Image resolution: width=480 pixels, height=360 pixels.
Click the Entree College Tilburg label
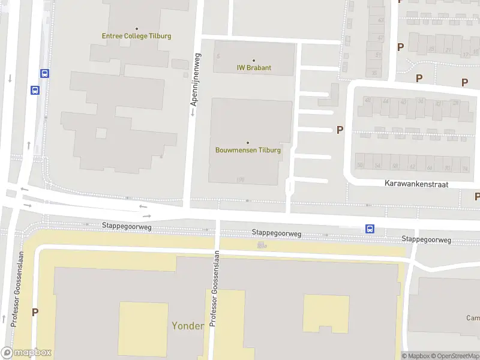coord(137,36)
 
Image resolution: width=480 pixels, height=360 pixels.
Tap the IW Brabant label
coord(254,68)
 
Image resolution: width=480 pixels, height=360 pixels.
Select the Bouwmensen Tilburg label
coord(248,150)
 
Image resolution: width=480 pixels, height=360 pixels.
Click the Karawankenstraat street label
coord(417,184)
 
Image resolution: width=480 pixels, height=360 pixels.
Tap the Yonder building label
coord(188,326)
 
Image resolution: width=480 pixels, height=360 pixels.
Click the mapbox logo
coord(26,353)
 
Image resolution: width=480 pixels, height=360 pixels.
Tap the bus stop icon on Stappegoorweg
coord(370,229)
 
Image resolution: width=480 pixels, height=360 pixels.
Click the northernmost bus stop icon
coord(44,73)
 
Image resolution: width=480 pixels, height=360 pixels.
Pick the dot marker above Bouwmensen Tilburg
coord(248,142)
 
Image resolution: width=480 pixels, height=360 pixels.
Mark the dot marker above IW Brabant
coord(254,60)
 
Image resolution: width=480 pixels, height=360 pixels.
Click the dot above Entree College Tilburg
coord(137,28)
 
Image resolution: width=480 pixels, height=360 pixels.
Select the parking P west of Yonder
coord(35,312)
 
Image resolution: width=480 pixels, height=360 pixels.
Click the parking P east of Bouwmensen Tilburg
coord(340,130)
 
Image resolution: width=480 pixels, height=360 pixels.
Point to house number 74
coord(464,169)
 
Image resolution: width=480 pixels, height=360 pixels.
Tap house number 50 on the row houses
coord(360,165)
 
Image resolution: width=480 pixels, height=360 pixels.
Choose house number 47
coord(380,37)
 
